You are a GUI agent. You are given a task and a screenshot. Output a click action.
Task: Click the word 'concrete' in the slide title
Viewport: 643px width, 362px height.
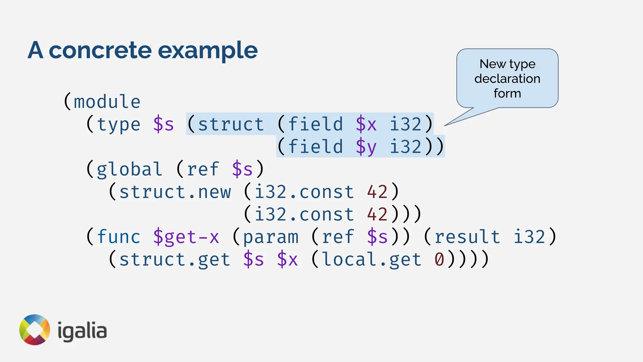[100, 50]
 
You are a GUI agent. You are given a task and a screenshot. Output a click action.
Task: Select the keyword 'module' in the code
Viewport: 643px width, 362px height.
[107, 102]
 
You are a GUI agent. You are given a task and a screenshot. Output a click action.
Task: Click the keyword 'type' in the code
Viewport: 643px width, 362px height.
[119, 124]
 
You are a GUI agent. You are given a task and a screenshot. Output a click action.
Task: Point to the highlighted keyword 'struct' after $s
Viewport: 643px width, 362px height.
[231, 124]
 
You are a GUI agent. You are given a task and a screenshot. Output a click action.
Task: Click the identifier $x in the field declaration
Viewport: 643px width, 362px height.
[366, 124]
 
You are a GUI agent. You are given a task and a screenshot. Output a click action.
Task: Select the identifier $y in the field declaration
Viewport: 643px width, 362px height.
[366, 147]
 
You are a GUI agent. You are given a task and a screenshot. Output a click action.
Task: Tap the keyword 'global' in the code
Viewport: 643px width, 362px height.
[129, 169]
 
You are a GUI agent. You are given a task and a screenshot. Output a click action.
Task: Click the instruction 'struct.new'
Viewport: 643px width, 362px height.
[175, 192]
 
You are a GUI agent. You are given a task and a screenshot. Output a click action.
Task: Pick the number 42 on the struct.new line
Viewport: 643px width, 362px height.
[377, 192]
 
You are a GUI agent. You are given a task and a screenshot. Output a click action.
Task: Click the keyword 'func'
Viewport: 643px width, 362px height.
[119, 237]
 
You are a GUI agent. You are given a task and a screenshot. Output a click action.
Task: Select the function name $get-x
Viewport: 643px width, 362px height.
[186, 237]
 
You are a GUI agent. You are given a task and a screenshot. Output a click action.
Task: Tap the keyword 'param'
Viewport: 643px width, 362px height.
[271, 237]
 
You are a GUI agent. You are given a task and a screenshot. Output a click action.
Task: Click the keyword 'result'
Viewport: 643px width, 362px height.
[467, 237]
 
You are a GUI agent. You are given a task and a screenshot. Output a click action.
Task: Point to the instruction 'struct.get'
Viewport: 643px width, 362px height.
[175, 260]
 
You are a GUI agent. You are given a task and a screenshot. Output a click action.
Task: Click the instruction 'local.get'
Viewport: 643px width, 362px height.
[372, 260]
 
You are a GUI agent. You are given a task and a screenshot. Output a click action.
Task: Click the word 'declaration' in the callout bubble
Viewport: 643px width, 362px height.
[507, 79]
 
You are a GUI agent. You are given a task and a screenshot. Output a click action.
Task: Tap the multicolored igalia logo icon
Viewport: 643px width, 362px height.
[35, 330]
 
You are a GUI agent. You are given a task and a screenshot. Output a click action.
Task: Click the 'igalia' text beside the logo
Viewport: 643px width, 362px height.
[82, 332]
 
